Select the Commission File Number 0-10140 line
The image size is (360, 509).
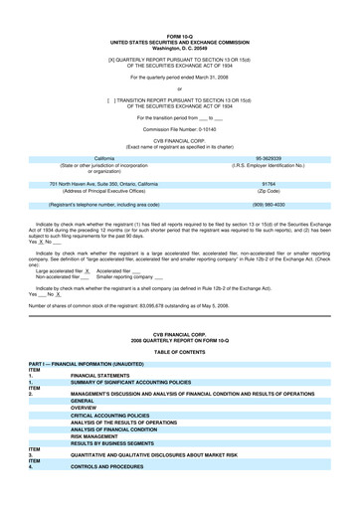pos(180,129)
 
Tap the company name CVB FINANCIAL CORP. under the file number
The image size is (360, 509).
pos(180,141)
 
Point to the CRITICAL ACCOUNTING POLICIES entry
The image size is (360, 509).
pos(123,415)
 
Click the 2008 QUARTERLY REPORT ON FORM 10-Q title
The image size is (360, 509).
pos(180,343)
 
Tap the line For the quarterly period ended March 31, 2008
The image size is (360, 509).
pos(180,77)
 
